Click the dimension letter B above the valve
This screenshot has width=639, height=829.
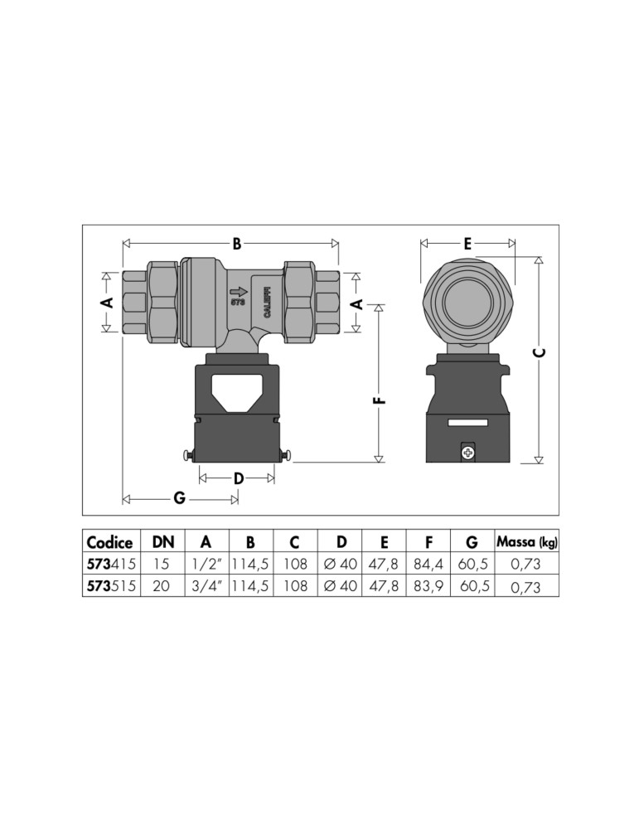click(237, 244)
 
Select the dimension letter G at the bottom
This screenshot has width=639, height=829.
click(180, 498)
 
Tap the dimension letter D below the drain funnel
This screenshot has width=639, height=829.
click(239, 478)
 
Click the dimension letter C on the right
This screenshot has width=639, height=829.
click(539, 352)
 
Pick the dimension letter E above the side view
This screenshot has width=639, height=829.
click(467, 244)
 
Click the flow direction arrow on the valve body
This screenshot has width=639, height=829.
click(239, 291)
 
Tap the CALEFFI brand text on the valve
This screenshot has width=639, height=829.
click(267, 303)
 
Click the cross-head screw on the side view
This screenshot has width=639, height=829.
click(467, 453)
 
